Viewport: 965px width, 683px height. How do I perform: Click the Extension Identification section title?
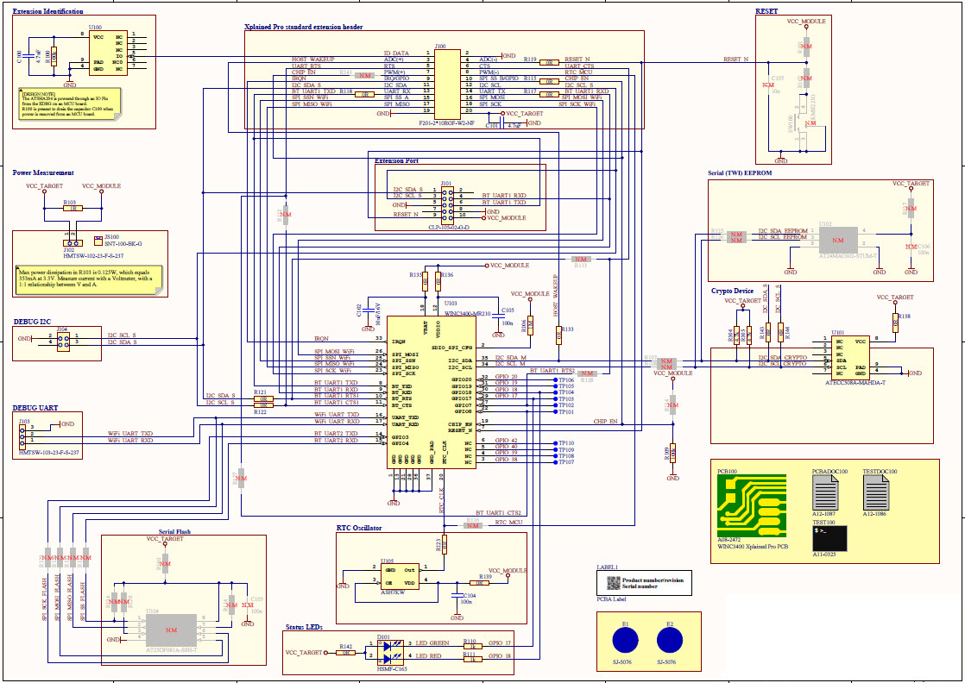point(48,12)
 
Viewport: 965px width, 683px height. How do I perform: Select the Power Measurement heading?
point(43,172)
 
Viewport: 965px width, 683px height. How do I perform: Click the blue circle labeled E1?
point(626,640)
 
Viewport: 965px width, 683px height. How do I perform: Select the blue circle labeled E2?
point(671,640)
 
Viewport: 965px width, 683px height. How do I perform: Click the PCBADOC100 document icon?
point(826,493)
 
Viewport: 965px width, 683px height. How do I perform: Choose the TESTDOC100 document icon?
point(877,493)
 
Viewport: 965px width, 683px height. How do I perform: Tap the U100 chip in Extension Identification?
point(110,53)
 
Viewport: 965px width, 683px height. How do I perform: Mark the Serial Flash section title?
point(174,532)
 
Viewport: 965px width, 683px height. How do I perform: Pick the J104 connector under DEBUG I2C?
point(63,340)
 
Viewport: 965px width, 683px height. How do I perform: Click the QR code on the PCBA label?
point(613,583)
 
